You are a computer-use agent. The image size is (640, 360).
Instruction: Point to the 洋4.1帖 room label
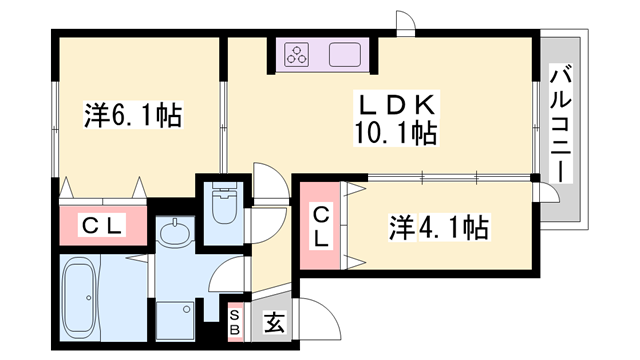pos(437,229)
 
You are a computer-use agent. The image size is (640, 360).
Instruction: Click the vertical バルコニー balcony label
pos(561,122)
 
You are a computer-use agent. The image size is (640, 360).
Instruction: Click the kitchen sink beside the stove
pos(343,55)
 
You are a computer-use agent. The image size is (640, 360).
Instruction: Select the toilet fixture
pos(224,208)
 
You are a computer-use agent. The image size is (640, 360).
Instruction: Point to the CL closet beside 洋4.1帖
pos(321,227)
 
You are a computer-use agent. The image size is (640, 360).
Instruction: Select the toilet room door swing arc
pos(266,184)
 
